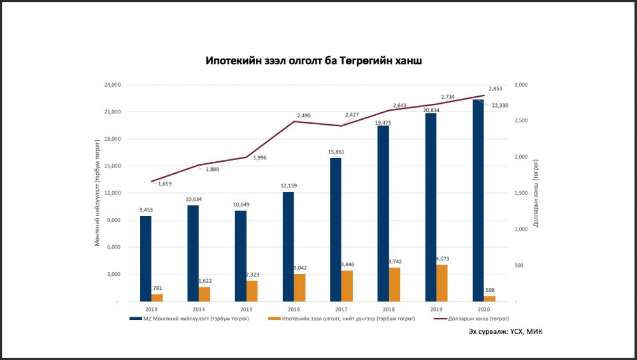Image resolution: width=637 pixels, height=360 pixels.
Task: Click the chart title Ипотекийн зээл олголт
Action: pyautogui.click(x=313, y=61)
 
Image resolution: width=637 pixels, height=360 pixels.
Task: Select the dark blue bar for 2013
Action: pyautogui.click(x=146, y=258)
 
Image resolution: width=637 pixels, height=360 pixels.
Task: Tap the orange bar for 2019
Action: pyautogui.click(x=441, y=283)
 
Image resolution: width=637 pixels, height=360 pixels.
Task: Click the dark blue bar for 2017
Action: pyautogui.click(x=336, y=229)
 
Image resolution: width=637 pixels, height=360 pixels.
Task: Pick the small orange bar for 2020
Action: pyautogui.click(x=489, y=298)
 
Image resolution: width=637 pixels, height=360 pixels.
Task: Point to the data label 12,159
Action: pyautogui.click(x=288, y=185)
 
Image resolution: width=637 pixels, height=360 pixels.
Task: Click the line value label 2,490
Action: pyautogui.click(x=304, y=115)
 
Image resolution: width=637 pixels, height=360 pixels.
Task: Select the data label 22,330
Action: pyautogui.click(x=499, y=106)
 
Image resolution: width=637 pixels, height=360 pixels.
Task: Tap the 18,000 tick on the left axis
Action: pyautogui.click(x=112, y=139)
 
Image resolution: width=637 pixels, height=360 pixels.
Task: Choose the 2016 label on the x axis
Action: pyautogui.click(x=294, y=309)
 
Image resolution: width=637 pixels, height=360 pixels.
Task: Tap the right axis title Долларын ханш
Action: pyautogui.click(x=536, y=193)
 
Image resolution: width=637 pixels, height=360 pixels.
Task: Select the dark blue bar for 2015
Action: pyautogui.click(x=240, y=256)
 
